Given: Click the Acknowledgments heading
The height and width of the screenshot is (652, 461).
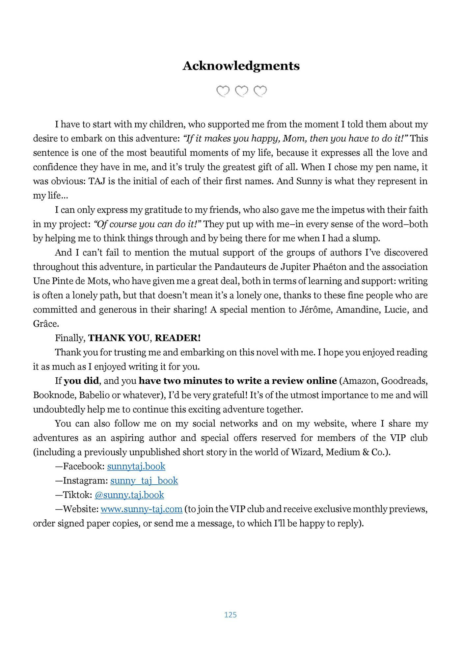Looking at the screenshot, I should [x=241, y=66].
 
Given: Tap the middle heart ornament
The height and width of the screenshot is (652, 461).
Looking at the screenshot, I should [x=242, y=91].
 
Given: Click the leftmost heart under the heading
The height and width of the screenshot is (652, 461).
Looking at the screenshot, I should [x=223, y=91].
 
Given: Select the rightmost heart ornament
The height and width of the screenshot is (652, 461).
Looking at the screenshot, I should [x=260, y=91].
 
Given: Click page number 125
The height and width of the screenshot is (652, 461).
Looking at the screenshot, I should [x=230, y=614].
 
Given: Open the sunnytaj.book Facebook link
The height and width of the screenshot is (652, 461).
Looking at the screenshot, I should [x=136, y=466].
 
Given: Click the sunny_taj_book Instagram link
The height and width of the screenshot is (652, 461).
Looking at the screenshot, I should [x=144, y=480].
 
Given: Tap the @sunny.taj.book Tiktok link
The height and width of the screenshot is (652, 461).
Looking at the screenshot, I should [x=129, y=495].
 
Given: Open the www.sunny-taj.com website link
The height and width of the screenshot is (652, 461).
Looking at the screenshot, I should [x=141, y=509].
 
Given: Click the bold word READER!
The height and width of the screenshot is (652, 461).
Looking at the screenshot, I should [x=177, y=338].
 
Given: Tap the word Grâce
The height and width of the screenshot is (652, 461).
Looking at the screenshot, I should [x=46, y=324].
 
